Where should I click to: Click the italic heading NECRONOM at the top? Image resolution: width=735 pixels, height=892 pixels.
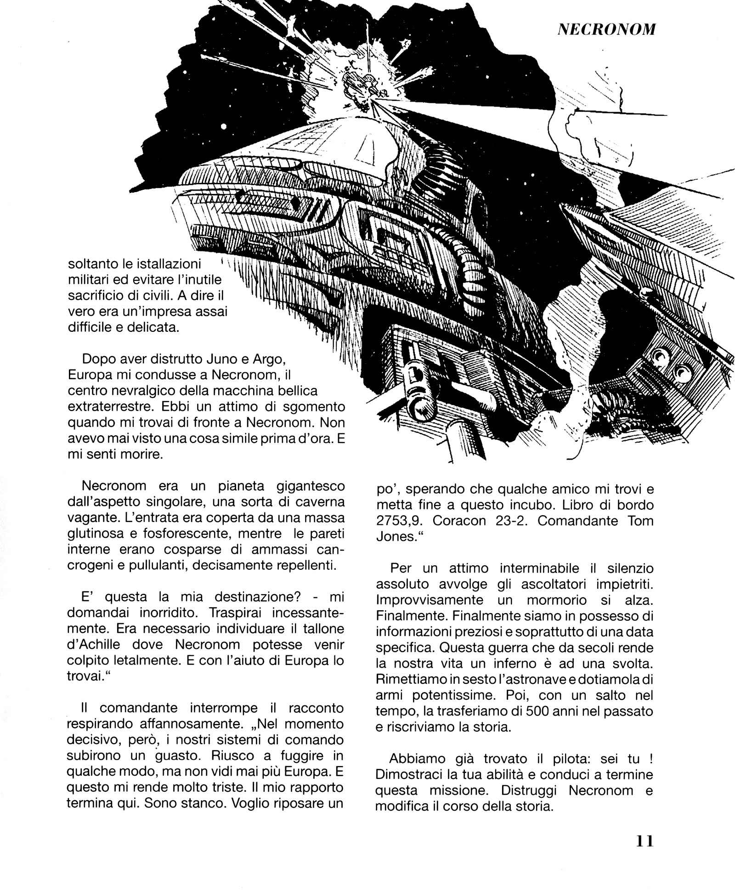(x=606, y=29)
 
